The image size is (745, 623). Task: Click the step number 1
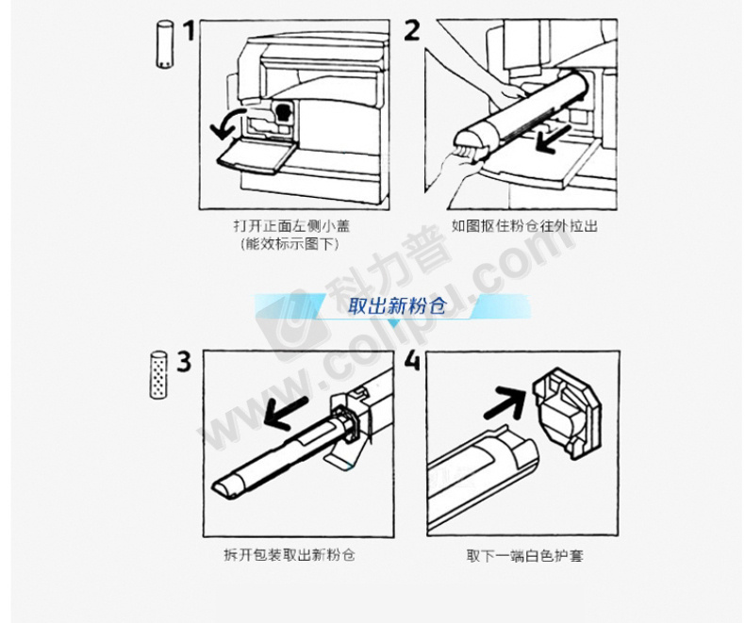[190, 30]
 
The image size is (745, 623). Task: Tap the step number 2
[411, 30]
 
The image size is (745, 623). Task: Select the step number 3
[184, 361]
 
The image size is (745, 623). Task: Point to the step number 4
[412, 361]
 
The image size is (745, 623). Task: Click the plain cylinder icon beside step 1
[164, 44]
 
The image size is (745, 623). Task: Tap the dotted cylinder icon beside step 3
[158, 375]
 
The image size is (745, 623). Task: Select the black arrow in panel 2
[554, 139]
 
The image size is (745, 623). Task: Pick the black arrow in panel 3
[286, 413]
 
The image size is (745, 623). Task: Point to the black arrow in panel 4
[505, 402]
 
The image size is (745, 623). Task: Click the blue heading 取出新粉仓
[397, 306]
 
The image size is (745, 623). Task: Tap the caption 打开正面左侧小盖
[291, 225]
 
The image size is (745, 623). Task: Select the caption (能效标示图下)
[290, 244]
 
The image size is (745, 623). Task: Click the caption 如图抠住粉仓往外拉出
[524, 225]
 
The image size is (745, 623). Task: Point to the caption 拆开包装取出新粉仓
[290, 554]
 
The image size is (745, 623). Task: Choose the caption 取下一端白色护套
[524, 555]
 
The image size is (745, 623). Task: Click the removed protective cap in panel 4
[568, 413]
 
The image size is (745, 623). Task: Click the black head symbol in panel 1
[283, 113]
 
